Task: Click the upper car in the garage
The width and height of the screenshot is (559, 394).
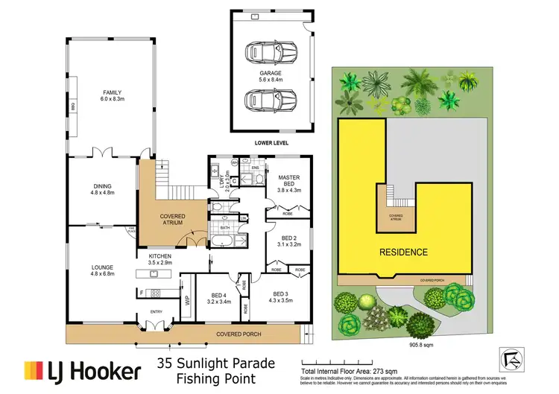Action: (x=271, y=53)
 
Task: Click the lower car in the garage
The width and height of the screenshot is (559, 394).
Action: (x=271, y=98)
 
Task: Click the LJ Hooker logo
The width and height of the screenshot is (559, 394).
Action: (x=83, y=370)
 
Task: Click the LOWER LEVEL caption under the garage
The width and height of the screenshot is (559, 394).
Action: (x=270, y=142)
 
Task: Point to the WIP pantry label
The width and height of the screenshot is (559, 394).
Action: (x=188, y=302)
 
